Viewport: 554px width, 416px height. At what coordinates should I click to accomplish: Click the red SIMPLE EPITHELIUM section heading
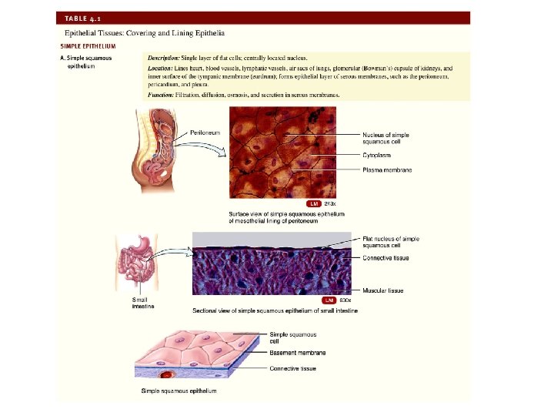(88, 45)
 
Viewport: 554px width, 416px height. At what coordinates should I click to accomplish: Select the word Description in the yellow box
(165, 57)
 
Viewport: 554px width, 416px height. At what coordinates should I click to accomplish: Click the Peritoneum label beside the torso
(205, 133)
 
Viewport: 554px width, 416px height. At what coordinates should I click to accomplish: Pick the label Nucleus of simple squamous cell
(385, 138)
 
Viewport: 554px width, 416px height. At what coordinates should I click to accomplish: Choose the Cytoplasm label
(379, 155)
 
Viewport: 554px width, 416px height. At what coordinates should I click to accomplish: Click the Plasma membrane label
(387, 169)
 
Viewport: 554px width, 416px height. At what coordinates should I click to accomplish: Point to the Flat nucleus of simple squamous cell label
(391, 243)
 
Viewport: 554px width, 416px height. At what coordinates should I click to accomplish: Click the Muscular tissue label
(383, 290)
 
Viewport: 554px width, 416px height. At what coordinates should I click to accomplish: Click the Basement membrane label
(297, 353)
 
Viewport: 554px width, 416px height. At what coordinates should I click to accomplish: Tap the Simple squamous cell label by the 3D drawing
(292, 337)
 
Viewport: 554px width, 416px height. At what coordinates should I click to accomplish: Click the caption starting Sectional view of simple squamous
(269, 310)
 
